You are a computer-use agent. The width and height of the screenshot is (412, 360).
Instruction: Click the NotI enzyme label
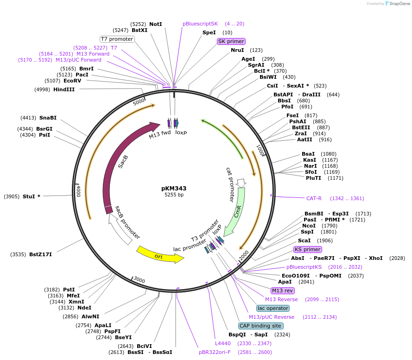pos(156,24)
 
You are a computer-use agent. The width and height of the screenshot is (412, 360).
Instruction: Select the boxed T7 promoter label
pos(117,39)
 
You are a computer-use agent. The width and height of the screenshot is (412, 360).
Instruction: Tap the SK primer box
pos(231,41)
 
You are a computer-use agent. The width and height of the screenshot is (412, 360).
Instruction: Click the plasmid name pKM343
pos(174,188)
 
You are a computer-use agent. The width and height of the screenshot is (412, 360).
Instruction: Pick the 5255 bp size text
pos(174,195)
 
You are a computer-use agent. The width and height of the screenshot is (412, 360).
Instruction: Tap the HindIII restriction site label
pos(64,89)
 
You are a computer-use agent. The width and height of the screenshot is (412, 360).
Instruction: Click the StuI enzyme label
pos(32,196)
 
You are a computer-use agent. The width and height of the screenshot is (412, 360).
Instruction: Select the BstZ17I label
pos(40,254)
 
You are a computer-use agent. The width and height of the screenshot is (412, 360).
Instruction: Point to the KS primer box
pos(308,249)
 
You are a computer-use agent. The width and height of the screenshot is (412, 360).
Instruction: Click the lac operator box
pos(273,308)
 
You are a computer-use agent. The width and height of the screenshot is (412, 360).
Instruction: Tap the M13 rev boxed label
pos(283,291)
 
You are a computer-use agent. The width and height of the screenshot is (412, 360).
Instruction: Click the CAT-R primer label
pos(314,198)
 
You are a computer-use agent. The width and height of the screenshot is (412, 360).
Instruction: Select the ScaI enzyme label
pos(304,240)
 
